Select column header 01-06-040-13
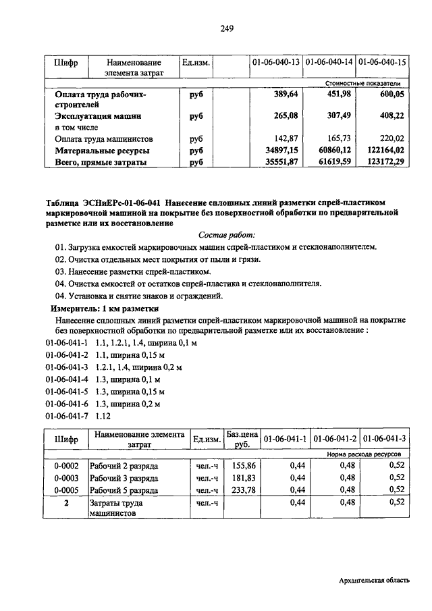click(x=275, y=63)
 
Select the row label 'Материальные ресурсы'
click(x=102, y=151)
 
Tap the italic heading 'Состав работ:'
click(x=227, y=235)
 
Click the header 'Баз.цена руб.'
click(x=242, y=440)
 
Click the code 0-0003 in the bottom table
click(x=66, y=477)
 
